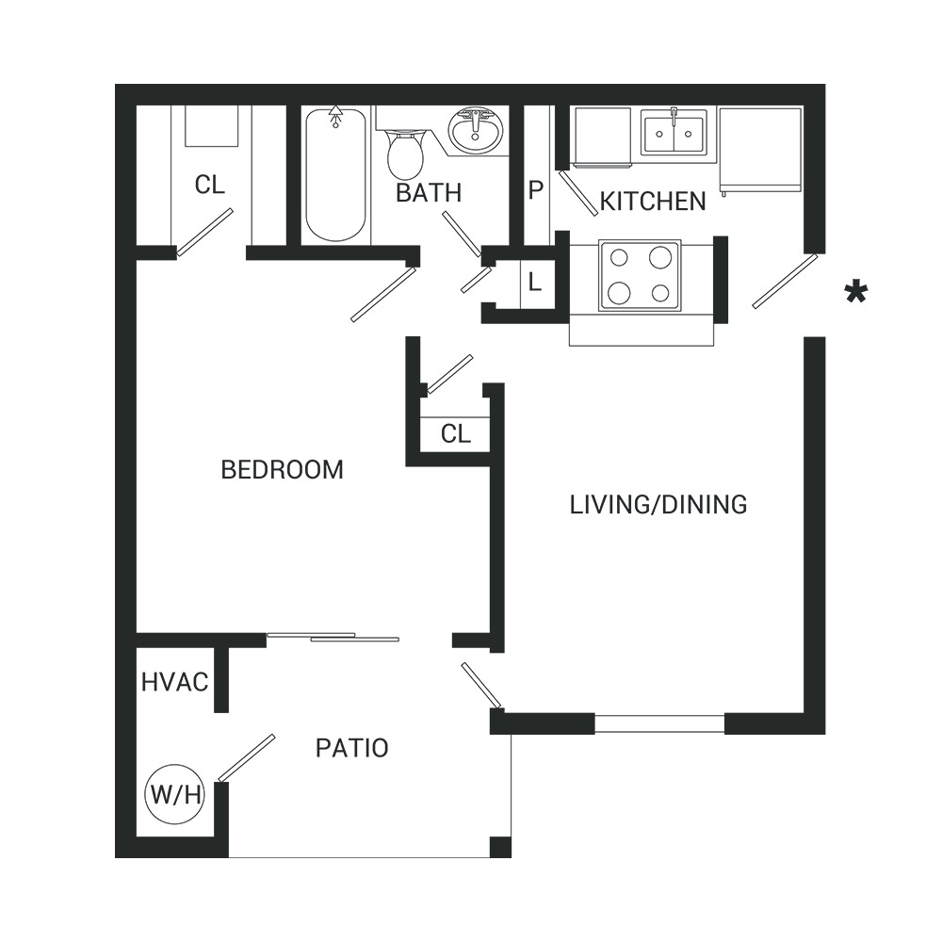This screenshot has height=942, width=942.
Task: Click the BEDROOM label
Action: (283, 469)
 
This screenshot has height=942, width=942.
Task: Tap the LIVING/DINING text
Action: (658, 505)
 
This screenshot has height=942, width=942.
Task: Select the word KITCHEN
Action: (653, 202)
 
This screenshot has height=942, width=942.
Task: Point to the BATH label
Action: (429, 193)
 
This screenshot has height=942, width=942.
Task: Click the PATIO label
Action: (352, 748)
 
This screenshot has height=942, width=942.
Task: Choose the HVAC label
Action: (175, 682)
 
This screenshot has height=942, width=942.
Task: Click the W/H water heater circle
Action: (175, 794)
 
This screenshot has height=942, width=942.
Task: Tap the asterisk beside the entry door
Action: (855, 293)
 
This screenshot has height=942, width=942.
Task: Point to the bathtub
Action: (335, 175)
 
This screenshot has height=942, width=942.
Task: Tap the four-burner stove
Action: (640, 276)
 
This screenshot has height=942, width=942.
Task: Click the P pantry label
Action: (536, 190)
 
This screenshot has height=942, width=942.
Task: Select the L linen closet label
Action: (534, 281)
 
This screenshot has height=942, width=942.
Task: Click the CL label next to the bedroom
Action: (456, 433)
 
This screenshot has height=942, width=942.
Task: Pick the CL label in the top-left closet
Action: (210, 185)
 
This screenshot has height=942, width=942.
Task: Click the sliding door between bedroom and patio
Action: (333, 637)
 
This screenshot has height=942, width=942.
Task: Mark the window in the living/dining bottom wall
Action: (659, 723)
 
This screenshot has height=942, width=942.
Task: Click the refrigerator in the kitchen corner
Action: (760, 150)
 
